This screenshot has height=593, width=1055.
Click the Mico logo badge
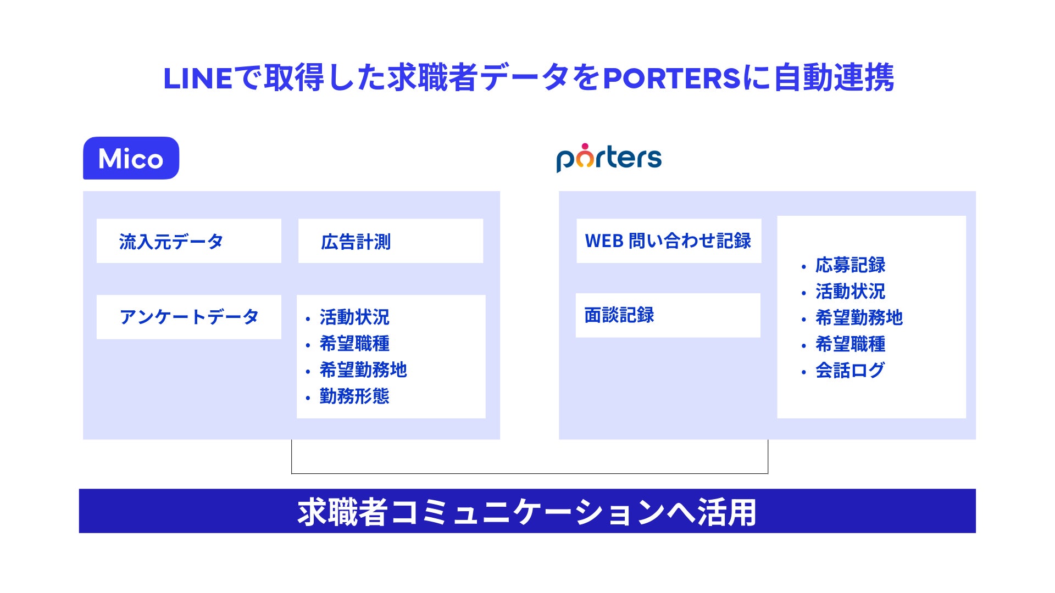[x=131, y=158]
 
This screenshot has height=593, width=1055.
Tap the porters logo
[x=609, y=158]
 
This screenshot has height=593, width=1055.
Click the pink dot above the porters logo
[x=585, y=147]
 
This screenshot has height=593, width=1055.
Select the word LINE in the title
[x=198, y=78]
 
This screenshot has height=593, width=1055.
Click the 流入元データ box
[x=188, y=241]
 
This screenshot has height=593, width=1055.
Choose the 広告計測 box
[x=391, y=241]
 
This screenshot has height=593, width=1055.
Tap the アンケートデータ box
[x=188, y=317]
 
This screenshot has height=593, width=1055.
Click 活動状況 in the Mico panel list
[x=354, y=317]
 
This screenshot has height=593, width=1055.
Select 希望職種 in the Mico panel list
[x=354, y=344]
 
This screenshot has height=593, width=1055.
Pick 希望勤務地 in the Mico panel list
[x=363, y=370]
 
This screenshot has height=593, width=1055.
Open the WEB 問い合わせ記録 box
[x=669, y=241]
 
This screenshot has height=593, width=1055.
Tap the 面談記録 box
[x=668, y=315]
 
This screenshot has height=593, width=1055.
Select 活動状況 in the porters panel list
[x=850, y=292]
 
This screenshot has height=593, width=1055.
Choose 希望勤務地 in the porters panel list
[x=859, y=318]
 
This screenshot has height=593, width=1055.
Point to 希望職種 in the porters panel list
[x=850, y=344]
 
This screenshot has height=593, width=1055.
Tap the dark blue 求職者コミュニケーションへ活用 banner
[x=527, y=511]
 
